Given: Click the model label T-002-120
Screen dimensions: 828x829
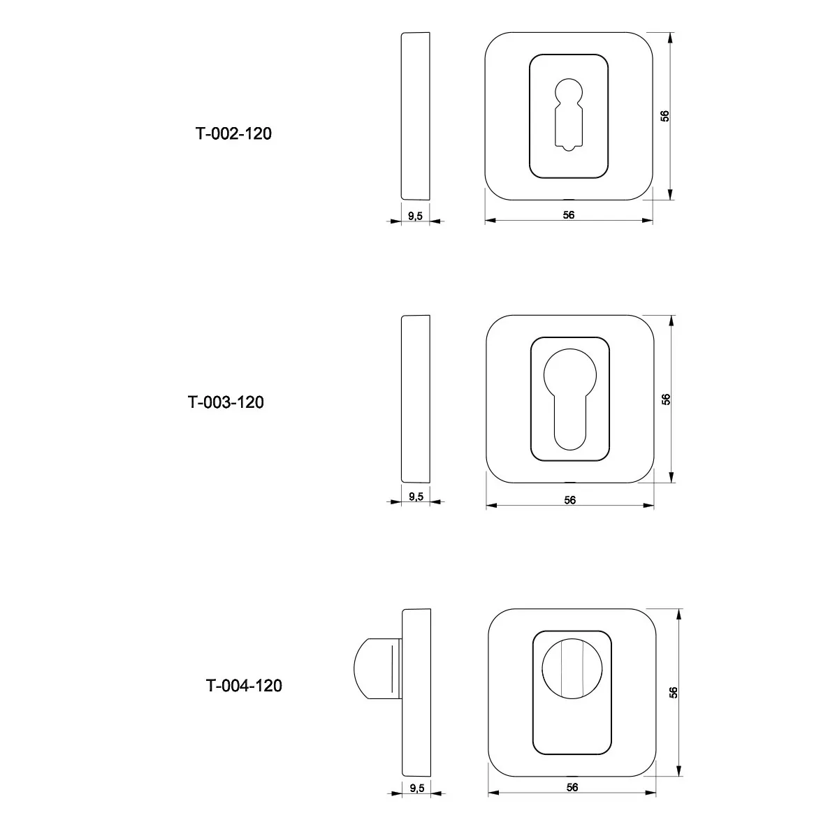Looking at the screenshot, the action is [233, 133].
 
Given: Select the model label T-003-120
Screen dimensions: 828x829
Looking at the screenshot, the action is [226, 402].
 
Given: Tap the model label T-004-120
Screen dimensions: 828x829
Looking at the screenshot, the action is [244, 686].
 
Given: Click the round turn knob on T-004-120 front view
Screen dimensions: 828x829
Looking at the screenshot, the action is [572, 669].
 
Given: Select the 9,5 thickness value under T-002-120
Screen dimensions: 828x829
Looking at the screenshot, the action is [415, 216].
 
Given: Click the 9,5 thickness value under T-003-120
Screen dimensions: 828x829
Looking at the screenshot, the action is [416, 497].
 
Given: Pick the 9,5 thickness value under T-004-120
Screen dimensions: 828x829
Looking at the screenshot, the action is [417, 788].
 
